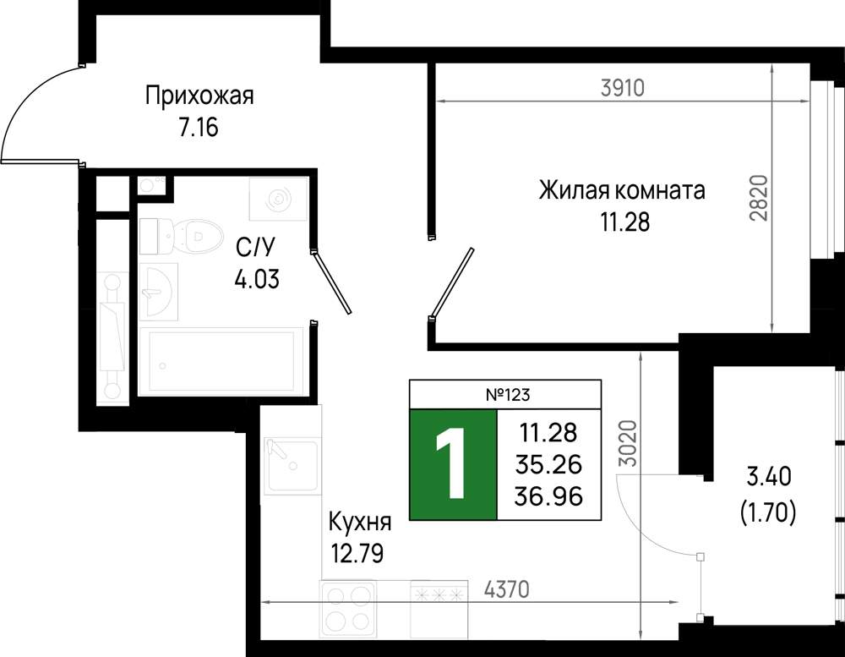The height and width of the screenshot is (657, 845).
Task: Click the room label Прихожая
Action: point(199,97)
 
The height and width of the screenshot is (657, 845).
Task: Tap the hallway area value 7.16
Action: point(199,128)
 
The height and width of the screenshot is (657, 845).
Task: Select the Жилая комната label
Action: point(622,190)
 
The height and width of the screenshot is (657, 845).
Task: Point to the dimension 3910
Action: point(623,87)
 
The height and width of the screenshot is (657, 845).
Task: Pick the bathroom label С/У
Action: point(255,248)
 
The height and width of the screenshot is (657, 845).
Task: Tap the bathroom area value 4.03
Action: point(257,279)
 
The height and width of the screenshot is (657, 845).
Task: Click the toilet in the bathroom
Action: point(182,236)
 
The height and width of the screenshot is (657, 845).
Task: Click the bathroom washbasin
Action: point(159,291)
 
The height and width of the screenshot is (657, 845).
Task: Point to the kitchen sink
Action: point(292,466)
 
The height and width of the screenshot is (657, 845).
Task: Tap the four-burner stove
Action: point(347,609)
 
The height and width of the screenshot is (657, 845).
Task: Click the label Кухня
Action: point(360,523)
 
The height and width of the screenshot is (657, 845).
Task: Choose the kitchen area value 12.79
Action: point(357,554)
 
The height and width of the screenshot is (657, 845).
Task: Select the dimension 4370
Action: point(506,589)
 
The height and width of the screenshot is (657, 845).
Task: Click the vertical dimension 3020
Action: point(627,443)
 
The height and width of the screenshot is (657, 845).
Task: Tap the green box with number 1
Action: point(453,464)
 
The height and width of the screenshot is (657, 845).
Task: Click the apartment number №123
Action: point(508,395)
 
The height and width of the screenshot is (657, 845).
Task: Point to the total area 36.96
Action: point(548,496)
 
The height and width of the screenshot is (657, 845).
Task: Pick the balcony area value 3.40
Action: point(769,477)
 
